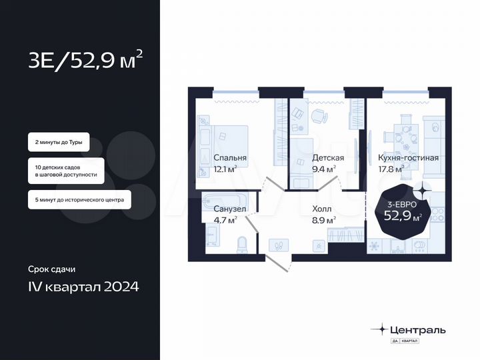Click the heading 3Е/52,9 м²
pos(85,62)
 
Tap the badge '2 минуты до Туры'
pos(58,143)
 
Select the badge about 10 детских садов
pos(65,171)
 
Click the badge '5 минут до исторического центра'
pos(79,199)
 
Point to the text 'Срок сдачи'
pos(52,270)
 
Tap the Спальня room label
pos(230,158)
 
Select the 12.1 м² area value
pos(225,169)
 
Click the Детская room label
pos(328,158)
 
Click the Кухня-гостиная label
pos(408,158)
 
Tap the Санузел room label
pos(230,209)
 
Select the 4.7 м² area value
pos(225,220)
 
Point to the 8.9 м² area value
pos(324,220)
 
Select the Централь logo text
pos(418,329)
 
